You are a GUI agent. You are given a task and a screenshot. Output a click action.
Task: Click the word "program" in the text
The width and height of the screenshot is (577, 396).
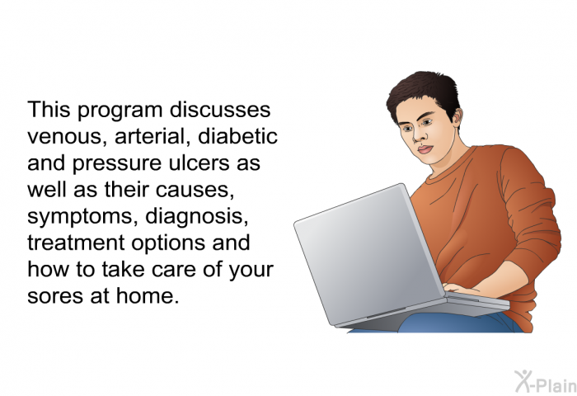click(120, 111)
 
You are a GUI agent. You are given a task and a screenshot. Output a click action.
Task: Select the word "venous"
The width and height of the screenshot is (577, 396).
click(68, 137)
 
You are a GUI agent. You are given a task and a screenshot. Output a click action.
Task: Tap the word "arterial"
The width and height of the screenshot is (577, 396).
click(153, 136)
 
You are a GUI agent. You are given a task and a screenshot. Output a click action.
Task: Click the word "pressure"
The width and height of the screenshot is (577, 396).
click(117, 163)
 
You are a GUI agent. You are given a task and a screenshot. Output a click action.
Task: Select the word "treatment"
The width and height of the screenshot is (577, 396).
click(76, 243)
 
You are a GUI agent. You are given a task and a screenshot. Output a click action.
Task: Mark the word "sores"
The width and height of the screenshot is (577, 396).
click(55, 296)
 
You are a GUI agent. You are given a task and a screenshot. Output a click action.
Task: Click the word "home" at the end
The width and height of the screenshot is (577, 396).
click(148, 295)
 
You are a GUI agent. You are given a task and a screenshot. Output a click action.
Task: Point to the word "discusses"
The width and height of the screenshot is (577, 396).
click(220, 110)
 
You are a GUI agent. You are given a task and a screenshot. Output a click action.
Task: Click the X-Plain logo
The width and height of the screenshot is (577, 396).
click(545, 381)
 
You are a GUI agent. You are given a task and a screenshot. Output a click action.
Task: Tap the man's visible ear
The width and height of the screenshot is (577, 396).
click(457, 117)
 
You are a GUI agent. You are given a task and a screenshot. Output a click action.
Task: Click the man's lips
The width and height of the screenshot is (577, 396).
click(425, 149)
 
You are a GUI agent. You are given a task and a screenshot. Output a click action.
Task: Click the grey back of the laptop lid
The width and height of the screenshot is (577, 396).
click(368, 254)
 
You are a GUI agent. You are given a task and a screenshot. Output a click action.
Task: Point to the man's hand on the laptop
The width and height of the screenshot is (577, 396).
click(457, 289)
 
